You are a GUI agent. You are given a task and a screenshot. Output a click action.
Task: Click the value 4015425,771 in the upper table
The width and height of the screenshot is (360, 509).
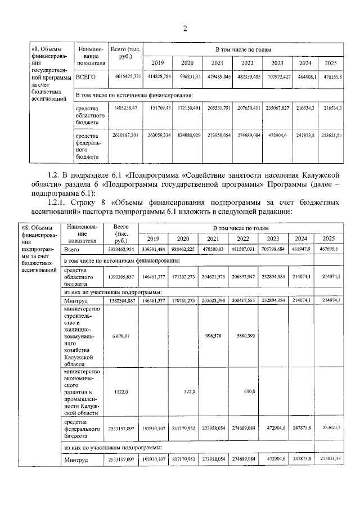pos(126,76)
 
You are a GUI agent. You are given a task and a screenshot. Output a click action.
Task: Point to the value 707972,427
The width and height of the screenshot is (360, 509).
pos(277,76)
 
